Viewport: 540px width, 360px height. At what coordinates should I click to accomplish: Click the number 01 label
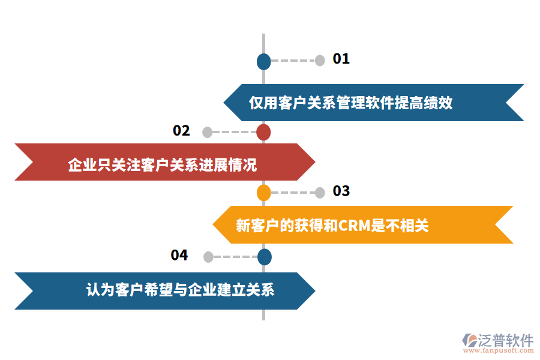coord(341,59)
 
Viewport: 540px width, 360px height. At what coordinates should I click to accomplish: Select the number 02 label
coord(181,131)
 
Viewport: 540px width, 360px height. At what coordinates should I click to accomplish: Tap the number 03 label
coord(341,191)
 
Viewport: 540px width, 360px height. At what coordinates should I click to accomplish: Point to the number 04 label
coord(179,255)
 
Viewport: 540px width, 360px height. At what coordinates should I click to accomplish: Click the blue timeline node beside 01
coord(263,61)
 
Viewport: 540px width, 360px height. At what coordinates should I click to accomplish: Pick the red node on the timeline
coord(263,132)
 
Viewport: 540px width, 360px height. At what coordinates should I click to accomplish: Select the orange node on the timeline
coord(263,193)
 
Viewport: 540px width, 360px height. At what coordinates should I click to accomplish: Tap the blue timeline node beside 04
coord(264,257)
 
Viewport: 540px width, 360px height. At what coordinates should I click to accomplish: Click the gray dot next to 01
coord(320,60)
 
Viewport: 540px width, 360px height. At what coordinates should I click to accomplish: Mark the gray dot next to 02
coord(208,132)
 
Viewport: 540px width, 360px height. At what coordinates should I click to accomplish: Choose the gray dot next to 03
coord(320,193)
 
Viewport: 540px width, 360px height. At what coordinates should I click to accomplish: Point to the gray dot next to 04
coord(208,257)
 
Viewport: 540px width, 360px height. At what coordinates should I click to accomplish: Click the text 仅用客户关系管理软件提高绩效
coord(350,103)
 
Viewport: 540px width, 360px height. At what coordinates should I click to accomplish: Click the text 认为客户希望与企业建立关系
coord(180,290)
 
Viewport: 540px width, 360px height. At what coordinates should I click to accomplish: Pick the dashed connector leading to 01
coord(293,61)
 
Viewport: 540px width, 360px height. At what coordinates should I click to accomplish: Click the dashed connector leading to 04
coord(235,257)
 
